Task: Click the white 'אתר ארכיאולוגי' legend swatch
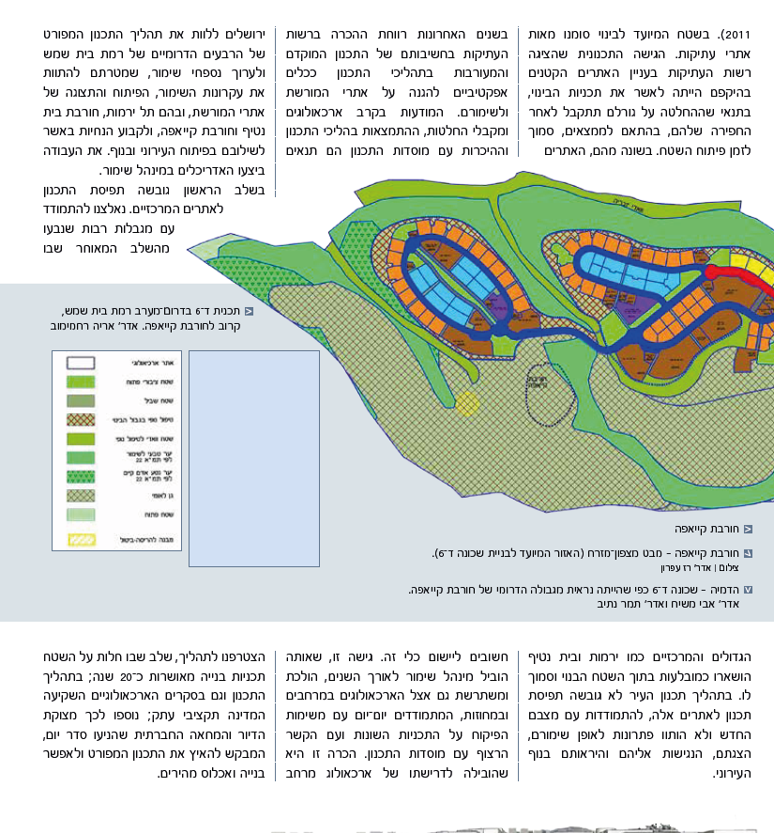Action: click(82, 362)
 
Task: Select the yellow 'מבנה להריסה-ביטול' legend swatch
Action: click(82, 540)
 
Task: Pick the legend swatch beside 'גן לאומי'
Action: click(82, 495)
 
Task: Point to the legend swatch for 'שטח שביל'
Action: click(82, 400)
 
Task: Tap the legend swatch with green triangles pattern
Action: click(82, 476)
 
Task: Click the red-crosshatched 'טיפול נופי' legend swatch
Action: click(82, 419)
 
